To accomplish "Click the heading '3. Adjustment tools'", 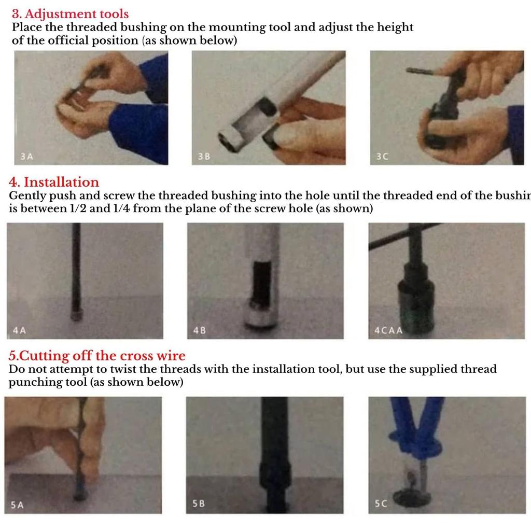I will pyautogui.click(x=70, y=14).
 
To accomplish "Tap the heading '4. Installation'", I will pyautogui.click(x=54, y=182).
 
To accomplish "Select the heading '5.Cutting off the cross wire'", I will pyautogui.click(x=97, y=356).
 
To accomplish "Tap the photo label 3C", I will pyautogui.click(x=381, y=157).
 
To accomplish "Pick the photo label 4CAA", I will pyautogui.click(x=388, y=330).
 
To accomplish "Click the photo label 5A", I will pyautogui.click(x=17, y=505).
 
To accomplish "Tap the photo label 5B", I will pyautogui.click(x=199, y=505).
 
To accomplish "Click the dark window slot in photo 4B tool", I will pyautogui.click(x=262, y=283).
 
